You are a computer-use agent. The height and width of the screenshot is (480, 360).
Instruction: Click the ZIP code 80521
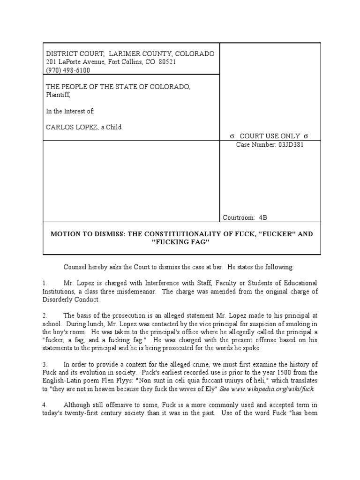point(166,62)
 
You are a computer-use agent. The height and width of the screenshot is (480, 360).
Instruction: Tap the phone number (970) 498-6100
point(68,70)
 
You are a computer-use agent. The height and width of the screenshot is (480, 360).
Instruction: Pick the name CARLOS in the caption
point(59,127)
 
